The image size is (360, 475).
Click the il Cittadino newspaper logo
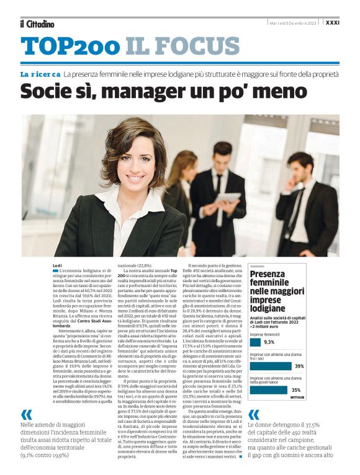tap(37, 24)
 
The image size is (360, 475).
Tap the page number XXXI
tap(350, 22)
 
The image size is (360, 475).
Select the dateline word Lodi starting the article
tap(57, 265)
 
